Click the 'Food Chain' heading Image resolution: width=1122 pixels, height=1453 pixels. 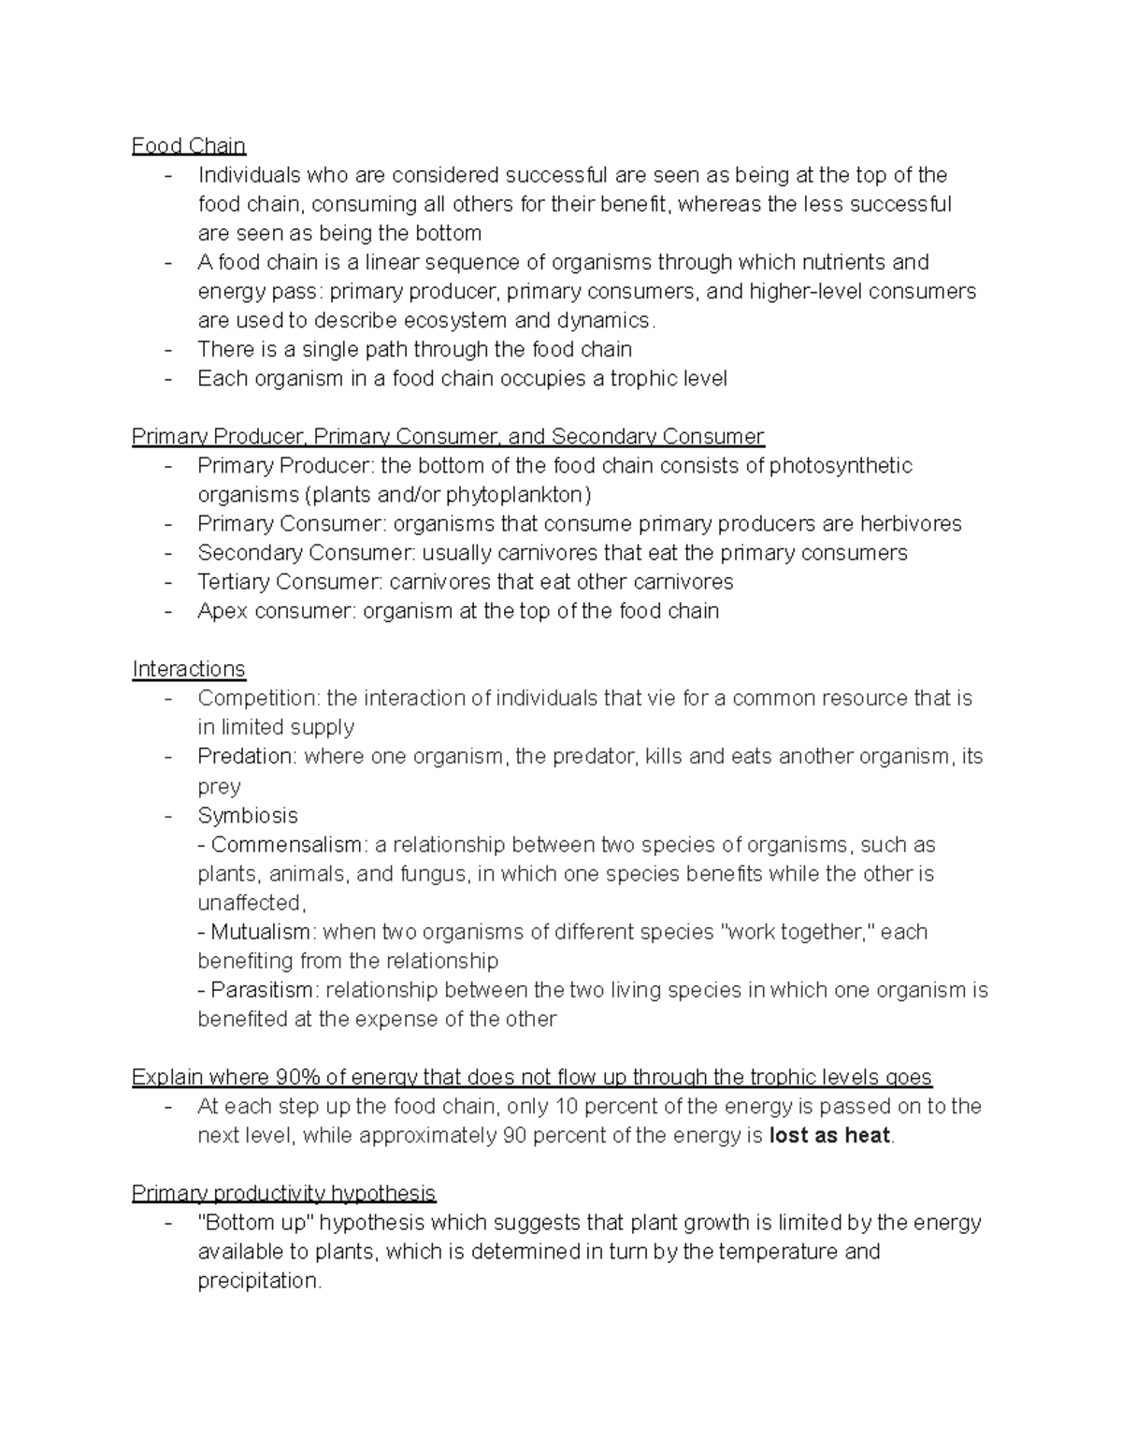189,146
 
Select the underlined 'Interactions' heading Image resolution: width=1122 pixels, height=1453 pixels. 189,669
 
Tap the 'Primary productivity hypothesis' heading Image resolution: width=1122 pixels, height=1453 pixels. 283,1193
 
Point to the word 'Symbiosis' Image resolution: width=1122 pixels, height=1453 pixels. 248,815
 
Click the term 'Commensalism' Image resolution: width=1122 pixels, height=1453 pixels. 286,845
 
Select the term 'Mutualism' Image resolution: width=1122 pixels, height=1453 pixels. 261,932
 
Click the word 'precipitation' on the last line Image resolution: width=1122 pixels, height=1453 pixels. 258,1281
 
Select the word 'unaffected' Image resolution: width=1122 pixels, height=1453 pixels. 250,903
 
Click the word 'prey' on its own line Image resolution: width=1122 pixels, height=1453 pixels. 219,787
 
